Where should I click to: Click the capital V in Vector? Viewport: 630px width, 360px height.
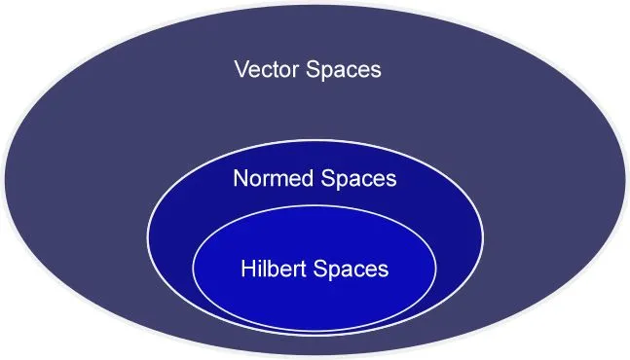pyautogui.click(x=241, y=70)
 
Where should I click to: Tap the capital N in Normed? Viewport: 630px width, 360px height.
pyautogui.click(x=241, y=179)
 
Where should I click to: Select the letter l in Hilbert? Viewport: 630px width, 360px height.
pyautogui.click(x=265, y=268)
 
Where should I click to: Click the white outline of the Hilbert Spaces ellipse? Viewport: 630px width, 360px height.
pyautogui.click(x=194, y=268)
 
